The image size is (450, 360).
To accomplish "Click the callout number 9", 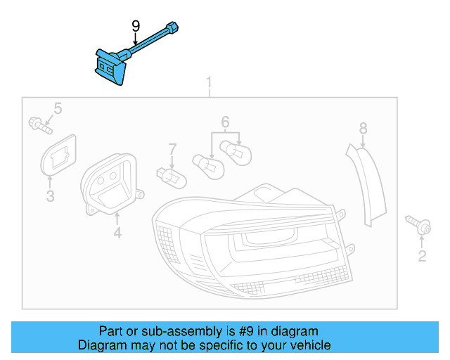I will (x=136, y=26).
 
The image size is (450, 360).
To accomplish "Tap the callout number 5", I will (x=58, y=108).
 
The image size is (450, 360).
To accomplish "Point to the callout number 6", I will (x=225, y=122).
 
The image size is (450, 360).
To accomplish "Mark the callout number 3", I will (x=50, y=196).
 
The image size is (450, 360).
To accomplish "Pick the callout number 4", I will (x=117, y=231).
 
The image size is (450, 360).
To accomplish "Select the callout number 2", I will (x=422, y=256).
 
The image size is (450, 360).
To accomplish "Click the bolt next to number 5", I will (x=39, y=127).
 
